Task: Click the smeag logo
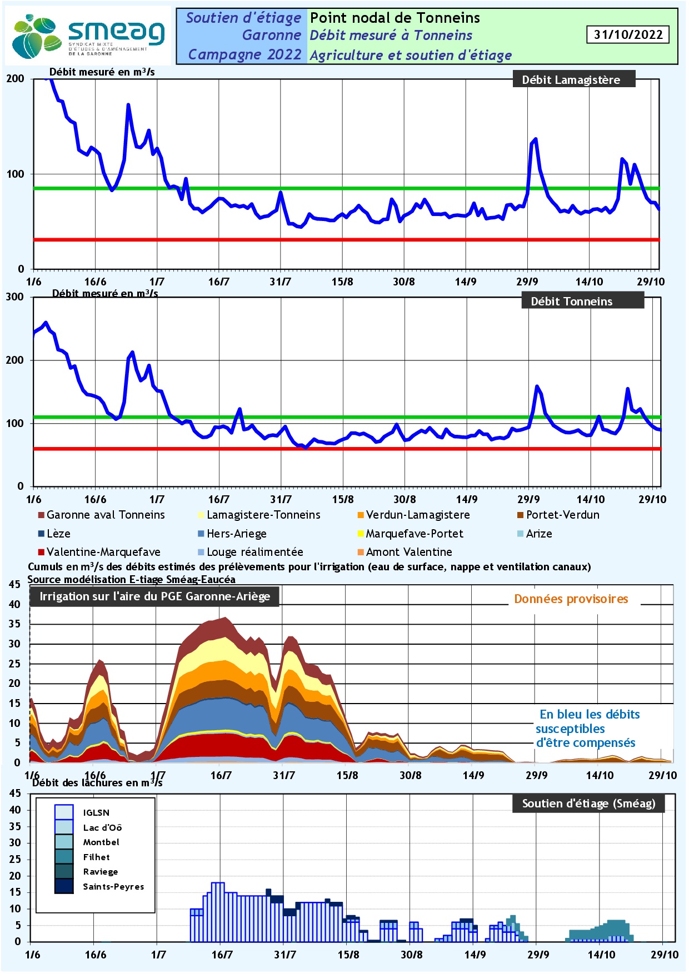(x=88, y=36)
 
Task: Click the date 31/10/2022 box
(x=628, y=34)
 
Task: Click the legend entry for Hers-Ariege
(x=232, y=534)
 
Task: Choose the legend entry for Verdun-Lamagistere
(x=413, y=515)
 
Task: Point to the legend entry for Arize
(x=535, y=534)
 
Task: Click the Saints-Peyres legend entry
(x=99, y=886)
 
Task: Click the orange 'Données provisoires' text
(x=571, y=599)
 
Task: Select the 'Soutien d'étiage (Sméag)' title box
(x=588, y=804)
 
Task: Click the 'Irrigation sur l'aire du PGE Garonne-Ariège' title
(x=155, y=596)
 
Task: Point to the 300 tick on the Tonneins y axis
(x=15, y=297)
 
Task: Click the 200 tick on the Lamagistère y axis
(x=15, y=79)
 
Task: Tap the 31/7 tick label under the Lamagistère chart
(x=281, y=282)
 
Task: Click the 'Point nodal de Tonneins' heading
(x=395, y=18)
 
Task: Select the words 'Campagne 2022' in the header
(x=244, y=54)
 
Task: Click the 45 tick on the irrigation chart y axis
(x=14, y=584)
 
